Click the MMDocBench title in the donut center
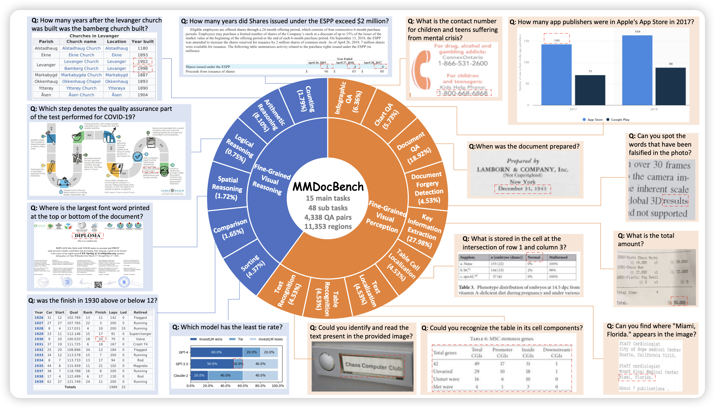click(328, 187)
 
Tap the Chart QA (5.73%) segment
click(387, 116)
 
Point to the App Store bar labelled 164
click(637, 70)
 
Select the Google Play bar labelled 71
click(590, 90)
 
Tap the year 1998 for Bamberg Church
click(143, 68)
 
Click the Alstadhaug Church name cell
click(81, 48)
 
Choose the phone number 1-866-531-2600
click(463, 63)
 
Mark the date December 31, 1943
click(522, 188)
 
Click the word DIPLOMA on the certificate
click(87, 236)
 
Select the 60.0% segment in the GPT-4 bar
click(216, 352)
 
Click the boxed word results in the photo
click(675, 201)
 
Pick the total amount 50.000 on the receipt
click(679, 303)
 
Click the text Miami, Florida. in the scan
click(636, 378)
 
